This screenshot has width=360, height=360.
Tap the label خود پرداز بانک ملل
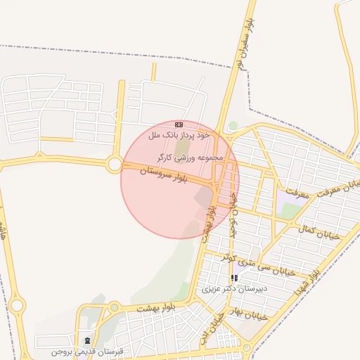tap(179, 134)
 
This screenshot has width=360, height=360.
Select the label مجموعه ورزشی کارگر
tap(190, 157)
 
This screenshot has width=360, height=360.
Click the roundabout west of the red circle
tap(114, 165)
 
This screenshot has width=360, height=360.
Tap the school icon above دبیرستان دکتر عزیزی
tap(234, 278)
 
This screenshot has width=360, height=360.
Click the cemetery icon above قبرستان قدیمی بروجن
tap(87, 340)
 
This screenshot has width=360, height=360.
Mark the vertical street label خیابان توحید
tap(234, 214)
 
